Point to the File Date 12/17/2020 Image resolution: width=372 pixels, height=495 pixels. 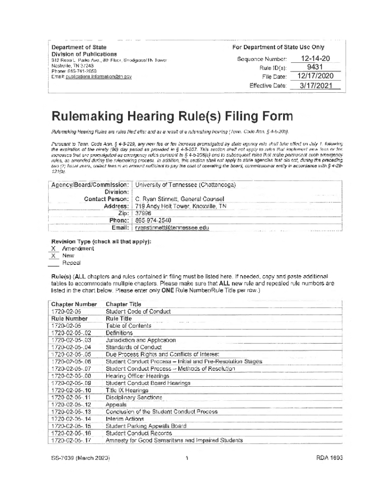315,76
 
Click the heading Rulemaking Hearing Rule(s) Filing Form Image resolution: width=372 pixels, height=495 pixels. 172,116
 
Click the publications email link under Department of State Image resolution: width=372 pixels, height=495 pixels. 99,76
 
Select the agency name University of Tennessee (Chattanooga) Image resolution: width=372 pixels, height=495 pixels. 186,185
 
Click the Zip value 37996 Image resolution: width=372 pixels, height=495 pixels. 143,213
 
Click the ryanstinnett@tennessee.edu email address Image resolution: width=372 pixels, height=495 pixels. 172,228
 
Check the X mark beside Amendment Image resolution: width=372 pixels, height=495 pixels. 54,248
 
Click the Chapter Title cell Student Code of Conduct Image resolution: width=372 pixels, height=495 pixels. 138,312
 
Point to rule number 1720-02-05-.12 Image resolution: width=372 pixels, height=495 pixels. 72,405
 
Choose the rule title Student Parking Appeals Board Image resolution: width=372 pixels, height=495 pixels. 146,426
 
